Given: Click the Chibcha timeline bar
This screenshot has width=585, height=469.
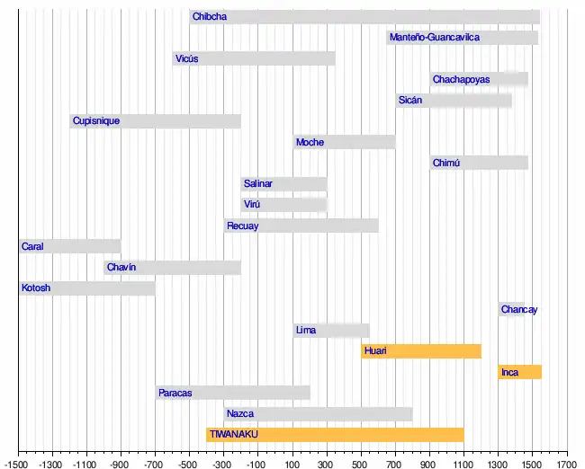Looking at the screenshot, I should pos(364,16).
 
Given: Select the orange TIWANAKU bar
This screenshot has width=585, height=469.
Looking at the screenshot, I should pos(335,435).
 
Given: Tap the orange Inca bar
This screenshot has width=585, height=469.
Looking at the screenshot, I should pos(519,372).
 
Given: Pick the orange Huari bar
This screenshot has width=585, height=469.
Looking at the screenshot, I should pos(421,351).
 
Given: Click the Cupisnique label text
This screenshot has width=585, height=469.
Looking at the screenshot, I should pos(96,121).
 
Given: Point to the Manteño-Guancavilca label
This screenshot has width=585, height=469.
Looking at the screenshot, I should pos(435,38).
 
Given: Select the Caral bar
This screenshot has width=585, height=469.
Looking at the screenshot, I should pos(70,246).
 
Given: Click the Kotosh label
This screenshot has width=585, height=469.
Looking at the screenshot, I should pos(36,288).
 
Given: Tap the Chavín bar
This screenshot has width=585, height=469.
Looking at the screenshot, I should pos(173,268).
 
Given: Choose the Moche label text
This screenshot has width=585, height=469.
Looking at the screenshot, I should pos(310,142).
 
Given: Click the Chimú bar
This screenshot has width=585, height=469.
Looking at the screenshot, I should pos(479,163).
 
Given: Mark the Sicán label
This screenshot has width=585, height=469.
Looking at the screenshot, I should pos(410,101).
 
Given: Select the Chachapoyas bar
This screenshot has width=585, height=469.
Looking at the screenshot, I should pos(479,79).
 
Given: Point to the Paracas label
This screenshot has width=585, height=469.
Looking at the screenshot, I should pos(175,393).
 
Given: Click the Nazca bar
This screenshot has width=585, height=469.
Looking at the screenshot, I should pos(318,414).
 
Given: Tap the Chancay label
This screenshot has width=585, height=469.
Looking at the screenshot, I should pos(519,310).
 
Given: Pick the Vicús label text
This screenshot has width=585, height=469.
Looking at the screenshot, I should pos(186,59).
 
